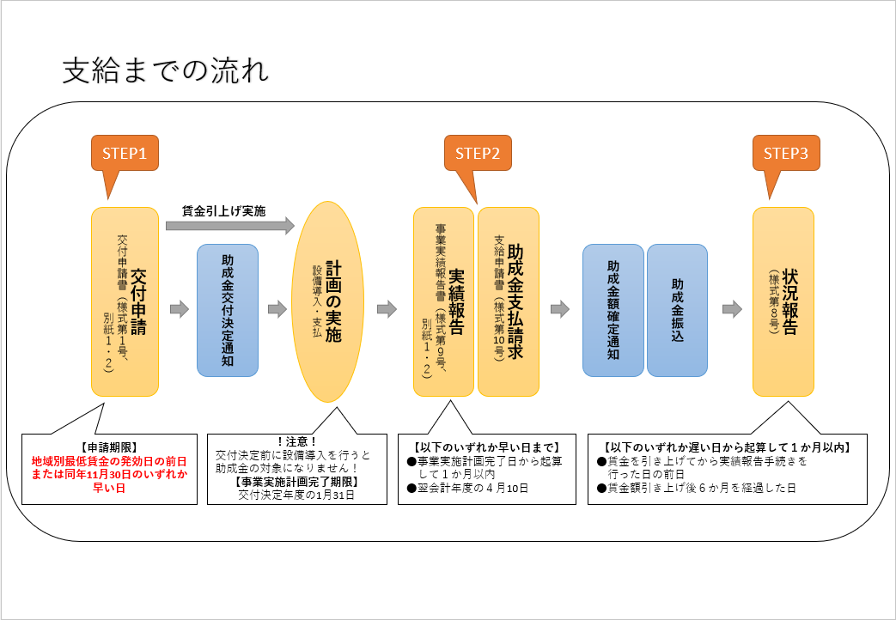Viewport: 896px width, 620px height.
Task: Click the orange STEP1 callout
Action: [125, 153]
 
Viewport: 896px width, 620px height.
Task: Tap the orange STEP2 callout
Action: [478, 153]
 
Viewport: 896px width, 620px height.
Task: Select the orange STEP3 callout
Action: [786, 153]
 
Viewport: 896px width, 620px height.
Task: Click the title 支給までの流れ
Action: [165, 71]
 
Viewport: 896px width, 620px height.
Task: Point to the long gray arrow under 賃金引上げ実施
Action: [229, 226]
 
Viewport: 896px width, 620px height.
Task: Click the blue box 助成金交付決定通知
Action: [228, 310]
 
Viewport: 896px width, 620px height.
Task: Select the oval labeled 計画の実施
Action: [328, 301]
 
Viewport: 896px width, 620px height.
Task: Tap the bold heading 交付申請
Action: [138, 301]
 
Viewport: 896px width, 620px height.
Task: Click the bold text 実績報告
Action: [456, 301]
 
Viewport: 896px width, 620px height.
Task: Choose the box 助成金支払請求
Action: [509, 301]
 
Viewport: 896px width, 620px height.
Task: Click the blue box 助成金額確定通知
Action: [613, 310]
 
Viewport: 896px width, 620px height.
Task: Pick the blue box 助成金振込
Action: [677, 310]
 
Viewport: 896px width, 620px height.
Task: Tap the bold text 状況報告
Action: [790, 301]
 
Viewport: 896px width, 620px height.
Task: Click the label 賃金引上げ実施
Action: [224, 211]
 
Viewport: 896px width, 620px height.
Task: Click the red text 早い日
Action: [109, 488]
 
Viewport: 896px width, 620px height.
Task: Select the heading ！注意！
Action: [296, 441]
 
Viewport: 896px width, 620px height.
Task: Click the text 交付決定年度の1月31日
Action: [296, 495]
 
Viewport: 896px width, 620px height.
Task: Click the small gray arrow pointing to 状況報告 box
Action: [732, 309]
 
